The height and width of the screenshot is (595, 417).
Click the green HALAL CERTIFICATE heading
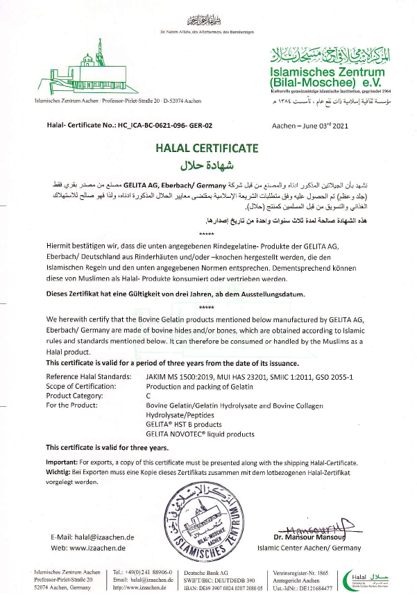coord(208,148)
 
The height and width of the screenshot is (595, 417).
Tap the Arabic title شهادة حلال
coord(208,165)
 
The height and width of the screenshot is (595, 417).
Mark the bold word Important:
coord(65,462)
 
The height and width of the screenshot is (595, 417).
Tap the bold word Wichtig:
coord(62,471)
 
